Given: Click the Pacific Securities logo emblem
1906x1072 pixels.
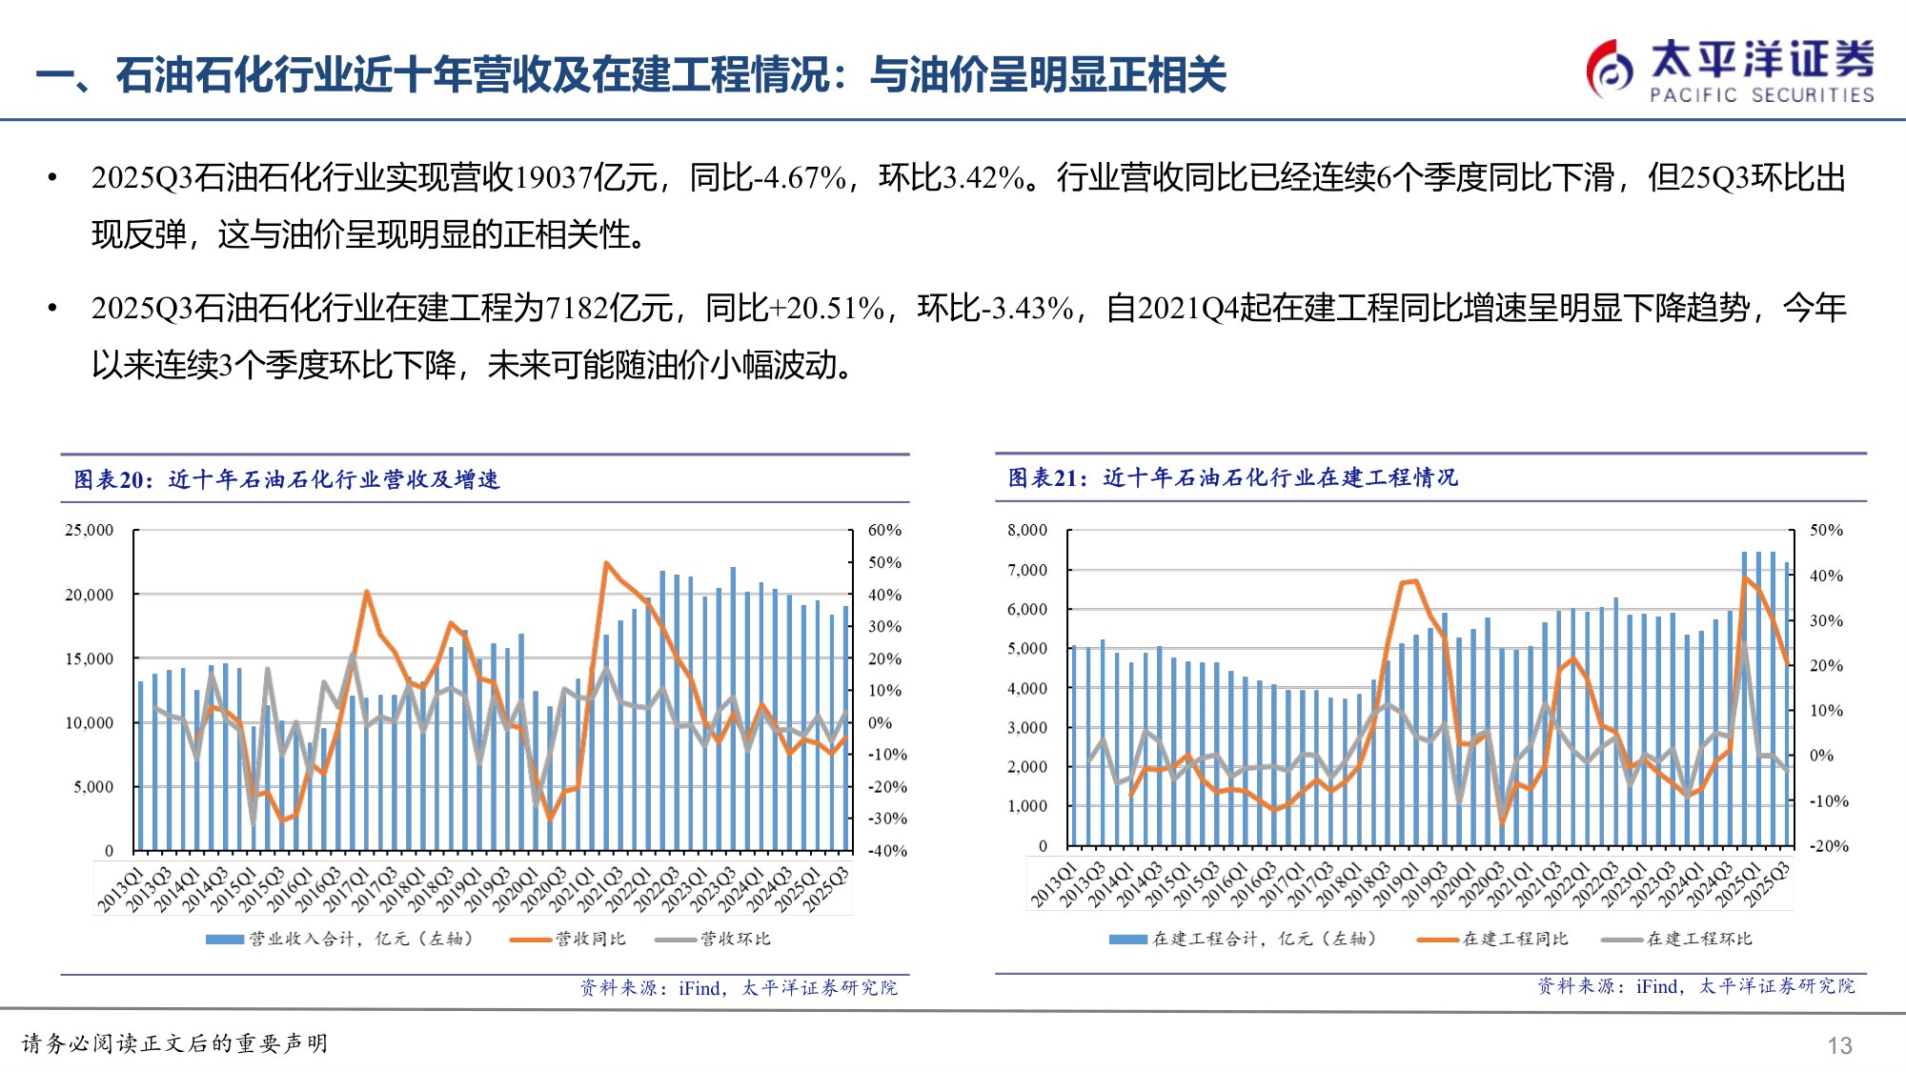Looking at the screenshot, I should click(x=1611, y=69).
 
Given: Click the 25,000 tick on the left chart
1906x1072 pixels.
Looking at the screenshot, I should click(x=89, y=530).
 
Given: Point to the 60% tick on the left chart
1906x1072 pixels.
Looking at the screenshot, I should click(x=883, y=530).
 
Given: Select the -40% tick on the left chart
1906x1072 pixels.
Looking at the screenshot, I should click(x=886, y=851).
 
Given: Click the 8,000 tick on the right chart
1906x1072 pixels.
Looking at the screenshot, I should click(x=1026, y=530).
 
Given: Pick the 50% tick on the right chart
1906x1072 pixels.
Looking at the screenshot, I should click(x=1825, y=530).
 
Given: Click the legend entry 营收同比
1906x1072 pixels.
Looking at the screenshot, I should click(x=590, y=939).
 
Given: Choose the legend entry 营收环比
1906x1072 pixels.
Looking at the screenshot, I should click(x=735, y=939).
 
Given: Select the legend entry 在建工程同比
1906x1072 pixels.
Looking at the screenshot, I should click(x=1514, y=939).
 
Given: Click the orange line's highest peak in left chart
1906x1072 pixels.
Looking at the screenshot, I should click(x=605, y=563).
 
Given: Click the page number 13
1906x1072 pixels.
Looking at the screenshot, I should click(x=1838, y=1045).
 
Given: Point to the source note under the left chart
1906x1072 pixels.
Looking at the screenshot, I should click(x=739, y=988).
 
